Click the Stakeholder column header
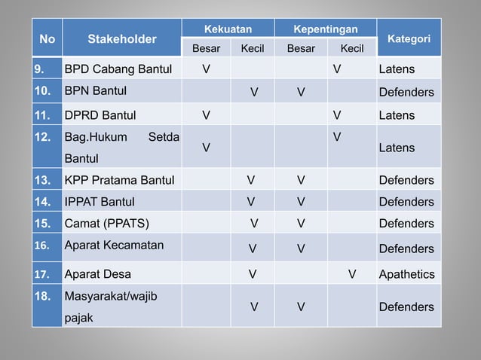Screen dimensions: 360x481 (x=121, y=38)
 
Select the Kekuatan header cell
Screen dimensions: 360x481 (x=228, y=29)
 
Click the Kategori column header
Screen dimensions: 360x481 (x=408, y=38)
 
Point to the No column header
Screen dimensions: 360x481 (x=46, y=38)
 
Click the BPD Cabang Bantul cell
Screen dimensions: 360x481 (x=119, y=70)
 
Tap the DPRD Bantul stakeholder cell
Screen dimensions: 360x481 (x=100, y=115)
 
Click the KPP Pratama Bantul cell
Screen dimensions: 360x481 (x=119, y=180)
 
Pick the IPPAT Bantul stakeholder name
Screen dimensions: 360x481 (x=100, y=202)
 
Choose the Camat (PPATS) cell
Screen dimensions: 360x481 (x=107, y=224)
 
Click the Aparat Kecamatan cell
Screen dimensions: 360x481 (x=114, y=246)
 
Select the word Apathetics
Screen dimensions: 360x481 (x=406, y=274)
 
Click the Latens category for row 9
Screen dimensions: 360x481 (x=397, y=70)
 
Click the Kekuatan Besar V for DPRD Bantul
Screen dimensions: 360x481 (x=206, y=115)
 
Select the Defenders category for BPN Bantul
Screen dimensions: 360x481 (x=406, y=93)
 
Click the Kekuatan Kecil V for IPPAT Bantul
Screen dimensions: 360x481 (x=250, y=202)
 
